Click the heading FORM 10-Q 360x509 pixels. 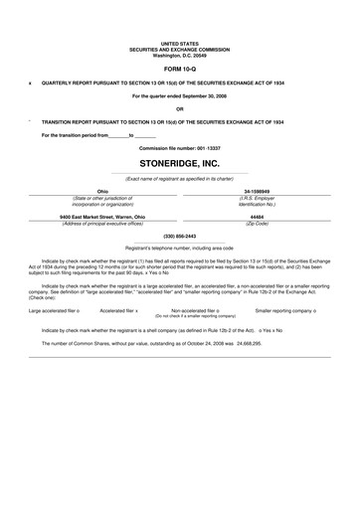tap(179, 71)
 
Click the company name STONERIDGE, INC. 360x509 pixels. tap(179, 159)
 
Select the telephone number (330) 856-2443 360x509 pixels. tap(179, 236)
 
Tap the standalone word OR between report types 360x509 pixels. tap(179, 108)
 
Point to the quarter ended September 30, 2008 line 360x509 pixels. tap(179, 95)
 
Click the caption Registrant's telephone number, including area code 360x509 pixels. tap(179, 247)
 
